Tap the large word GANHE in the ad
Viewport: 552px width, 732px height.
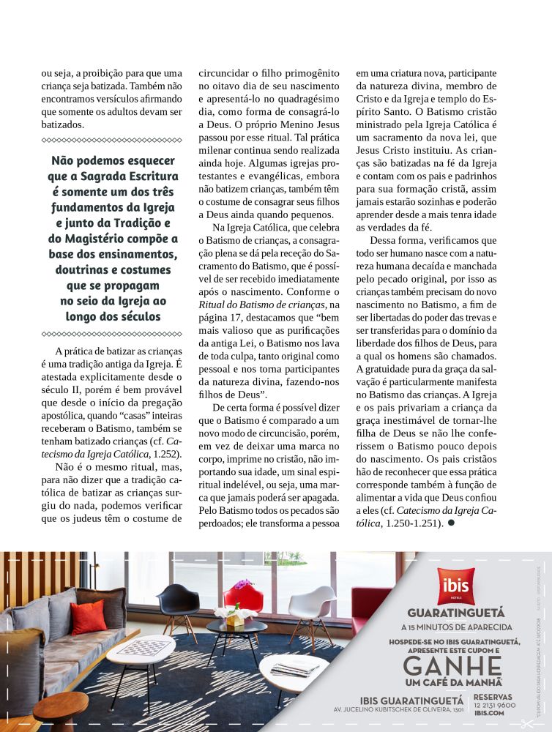tap(452, 667)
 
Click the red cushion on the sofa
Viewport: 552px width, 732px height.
tap(88, 616)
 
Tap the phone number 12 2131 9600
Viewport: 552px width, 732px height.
tap(495, 705)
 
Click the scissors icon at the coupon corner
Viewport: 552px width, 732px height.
tap(527, 724)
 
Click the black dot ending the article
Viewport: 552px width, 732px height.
tap(451, 523)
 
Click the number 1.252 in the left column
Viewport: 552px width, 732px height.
tap(168, 455)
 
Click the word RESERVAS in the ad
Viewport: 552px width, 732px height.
tap(493, 696)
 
